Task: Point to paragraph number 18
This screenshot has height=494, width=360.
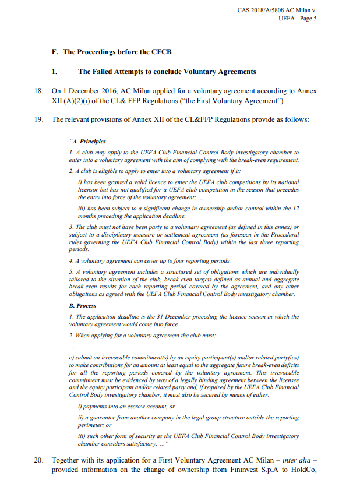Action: [38, 91]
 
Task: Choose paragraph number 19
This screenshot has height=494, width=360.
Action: [38, 119]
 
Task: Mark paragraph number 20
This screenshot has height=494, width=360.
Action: [38, 460]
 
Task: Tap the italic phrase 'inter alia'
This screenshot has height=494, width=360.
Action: [298, 460]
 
